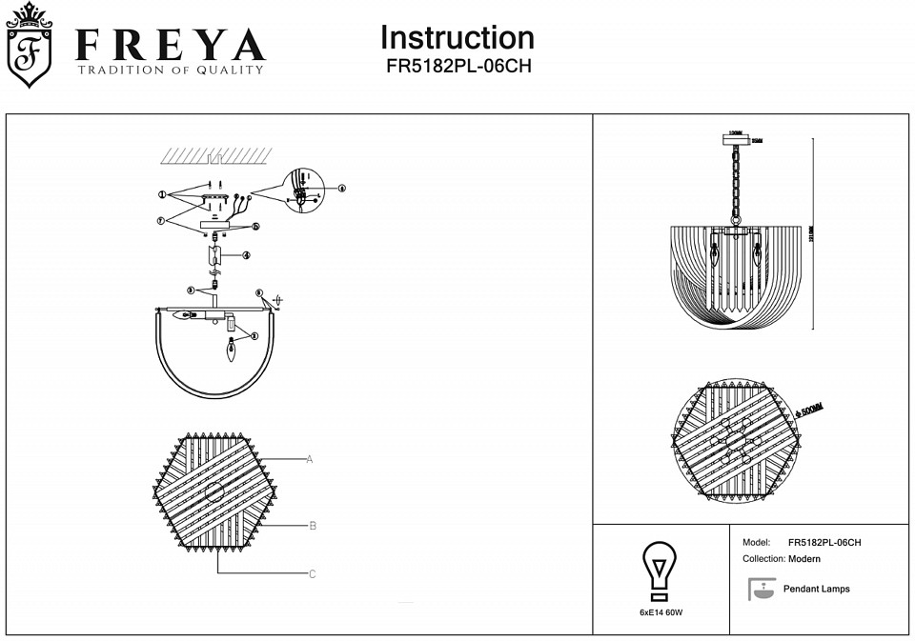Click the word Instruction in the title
(x=457, y=37)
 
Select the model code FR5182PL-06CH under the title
(x=457, y=67)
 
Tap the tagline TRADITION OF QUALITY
(x=171, y=70)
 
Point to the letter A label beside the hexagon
(x=310, y=459)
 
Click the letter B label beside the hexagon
(x=313, y=526)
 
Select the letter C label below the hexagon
(x=312, y=574)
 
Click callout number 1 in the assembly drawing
(x=163, y=195)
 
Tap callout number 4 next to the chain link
(x=246, y=255)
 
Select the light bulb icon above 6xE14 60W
(x=659, y=570)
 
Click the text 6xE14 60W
(x=659, y=611)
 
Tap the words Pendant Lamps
(x=816, y=589)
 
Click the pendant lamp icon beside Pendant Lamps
(x=762, y=589)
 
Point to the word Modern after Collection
(x=804, y=559)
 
